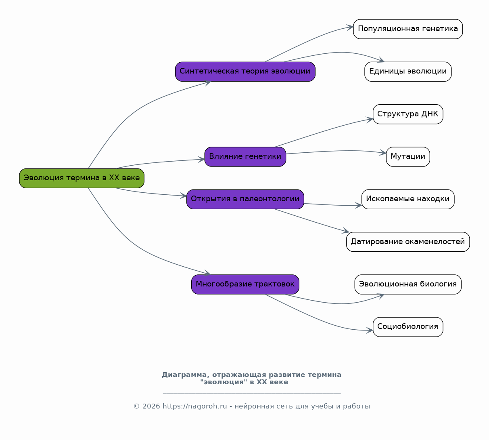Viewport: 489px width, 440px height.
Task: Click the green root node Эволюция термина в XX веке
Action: pyautogui.click(x=81, y=178)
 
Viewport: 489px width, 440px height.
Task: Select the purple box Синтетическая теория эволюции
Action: pyautogui.click(x=245, y=72)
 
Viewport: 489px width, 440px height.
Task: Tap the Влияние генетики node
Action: pyautogui.click(x=245, y=157)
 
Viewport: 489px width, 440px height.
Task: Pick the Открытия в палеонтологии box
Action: pyautogui.click(x=245, y=199)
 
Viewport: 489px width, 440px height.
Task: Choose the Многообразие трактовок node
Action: pyautogui.click(x=245, y=284)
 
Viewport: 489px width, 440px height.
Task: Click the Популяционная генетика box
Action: pyautogui.click(x=408, y=29)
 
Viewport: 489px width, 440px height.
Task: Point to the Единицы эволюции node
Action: pyautogui.click(x=408, y=72)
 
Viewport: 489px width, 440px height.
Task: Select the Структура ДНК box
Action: pyautogui.click(x=408, y=114)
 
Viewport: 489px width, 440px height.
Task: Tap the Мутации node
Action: pyautogui.click(x=408, y=157)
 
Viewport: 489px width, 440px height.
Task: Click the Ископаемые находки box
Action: pyautogui.click(x=408, y=199)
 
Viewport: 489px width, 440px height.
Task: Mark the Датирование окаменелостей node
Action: pyautogui.click(x=408, y=242)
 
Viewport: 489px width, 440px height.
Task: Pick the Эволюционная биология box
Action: pyautogui.click(x=408, y=284)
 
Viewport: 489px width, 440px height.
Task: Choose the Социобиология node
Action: pyautogui.click(x=408, y=327)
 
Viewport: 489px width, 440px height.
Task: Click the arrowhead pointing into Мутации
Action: pyautogui.click(x=383, y=153)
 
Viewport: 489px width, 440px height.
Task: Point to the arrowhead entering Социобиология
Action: pyautogui.click(x=370, y=330)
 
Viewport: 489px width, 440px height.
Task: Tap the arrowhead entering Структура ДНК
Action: pyautogui.click(x=370, y=120)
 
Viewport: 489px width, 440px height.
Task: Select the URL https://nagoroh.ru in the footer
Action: pyautogui.click(x=194, y=406)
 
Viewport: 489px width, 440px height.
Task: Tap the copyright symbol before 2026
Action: pyautogui.click(x=137, y=406)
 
